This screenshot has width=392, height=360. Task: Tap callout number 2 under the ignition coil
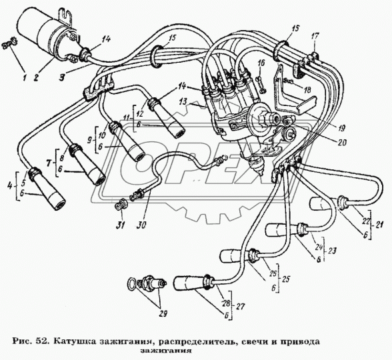37,78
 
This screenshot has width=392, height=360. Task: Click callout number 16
261,63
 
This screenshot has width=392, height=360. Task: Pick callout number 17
315,37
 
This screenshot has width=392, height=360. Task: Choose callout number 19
341,128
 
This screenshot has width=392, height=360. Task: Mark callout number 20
342,142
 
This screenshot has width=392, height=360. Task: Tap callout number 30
142,225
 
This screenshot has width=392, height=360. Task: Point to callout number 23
332,251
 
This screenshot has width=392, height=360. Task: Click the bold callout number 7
50,163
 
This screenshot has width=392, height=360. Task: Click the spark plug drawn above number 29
147,283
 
